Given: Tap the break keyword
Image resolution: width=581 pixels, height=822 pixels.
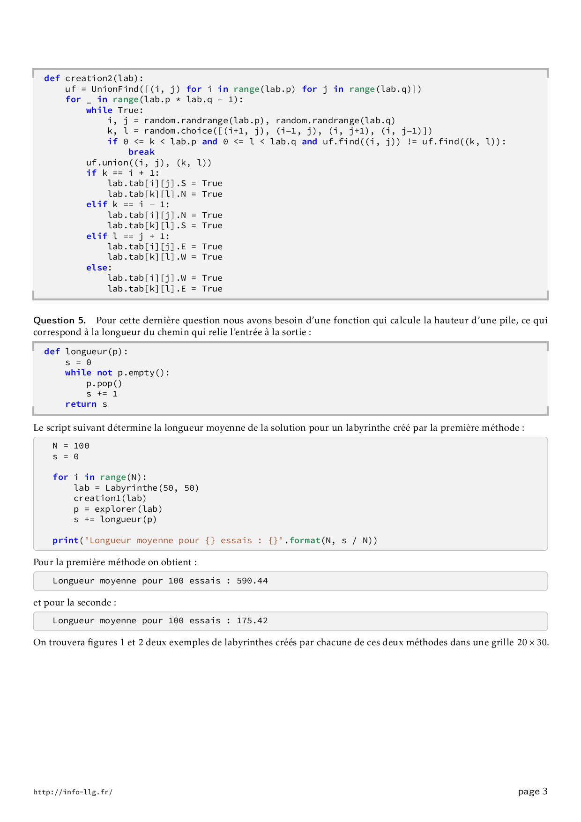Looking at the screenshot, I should (141, 152).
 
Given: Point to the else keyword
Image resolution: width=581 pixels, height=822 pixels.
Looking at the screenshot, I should (97, 268).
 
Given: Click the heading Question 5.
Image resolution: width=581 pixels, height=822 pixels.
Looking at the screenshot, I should (60, 321).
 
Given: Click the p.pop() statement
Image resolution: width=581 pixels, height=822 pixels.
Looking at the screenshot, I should (104, 383).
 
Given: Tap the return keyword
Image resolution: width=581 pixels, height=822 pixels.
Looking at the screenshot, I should (81, 404).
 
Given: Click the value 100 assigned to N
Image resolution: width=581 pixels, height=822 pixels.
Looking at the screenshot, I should (82, 446).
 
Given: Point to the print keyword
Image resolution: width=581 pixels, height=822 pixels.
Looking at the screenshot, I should (66, 540).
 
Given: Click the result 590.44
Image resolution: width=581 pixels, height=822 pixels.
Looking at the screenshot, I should (252, 581).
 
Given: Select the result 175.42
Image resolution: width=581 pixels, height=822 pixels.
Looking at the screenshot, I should (252, 620).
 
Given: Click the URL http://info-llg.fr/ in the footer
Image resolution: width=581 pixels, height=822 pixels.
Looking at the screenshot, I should (73, 792).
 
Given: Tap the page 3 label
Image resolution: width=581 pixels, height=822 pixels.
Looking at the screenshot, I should (533, 792).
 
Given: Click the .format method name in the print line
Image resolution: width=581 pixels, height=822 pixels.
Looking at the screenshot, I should (305, 540).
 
